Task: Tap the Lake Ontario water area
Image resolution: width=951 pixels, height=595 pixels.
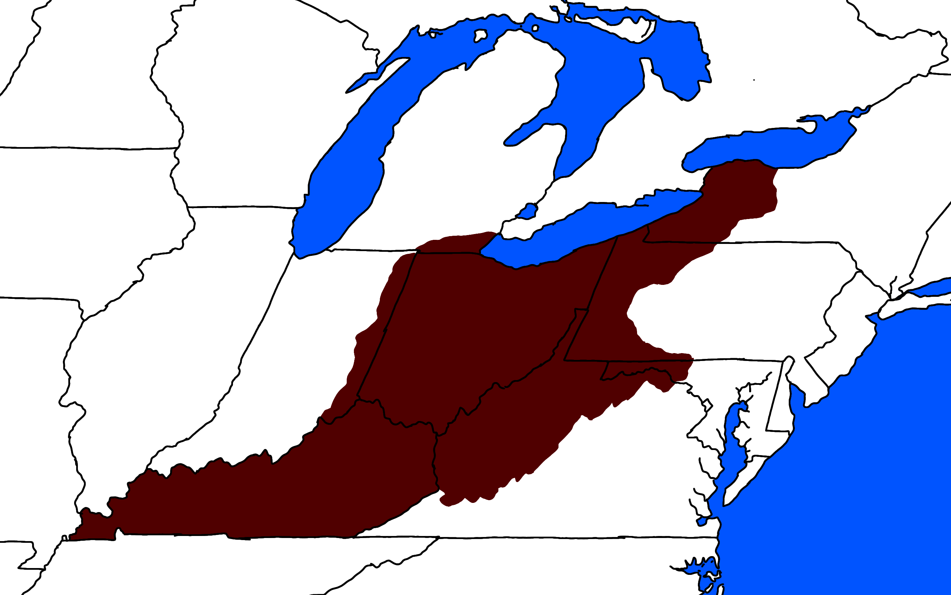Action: [x=768, y=148]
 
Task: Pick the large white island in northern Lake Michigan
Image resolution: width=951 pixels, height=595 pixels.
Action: [x=480, y=35]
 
